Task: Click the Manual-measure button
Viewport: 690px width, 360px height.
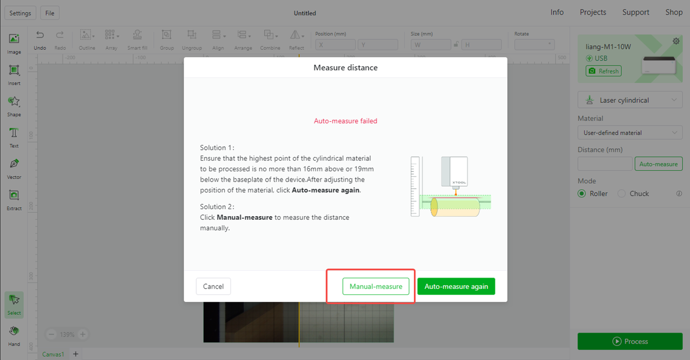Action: click(x=376, y=286)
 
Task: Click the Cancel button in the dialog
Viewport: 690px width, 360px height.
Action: click(x=213, y=286)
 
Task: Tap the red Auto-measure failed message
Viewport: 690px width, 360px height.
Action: click(x=346, y=121)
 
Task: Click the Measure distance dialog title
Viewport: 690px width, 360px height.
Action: click(x=346, y=67)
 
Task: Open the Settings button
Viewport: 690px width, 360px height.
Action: click(x=20, y=13)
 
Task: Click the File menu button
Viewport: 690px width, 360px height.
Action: click(x=50, y=13)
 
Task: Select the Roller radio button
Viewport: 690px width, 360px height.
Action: click(x=582, y=193)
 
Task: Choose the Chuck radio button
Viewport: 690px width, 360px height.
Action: click(x=622, y=193)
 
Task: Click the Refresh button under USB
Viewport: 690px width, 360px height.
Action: click(x=603, y=71)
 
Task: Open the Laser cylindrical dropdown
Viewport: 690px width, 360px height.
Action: click(x=630, y=100)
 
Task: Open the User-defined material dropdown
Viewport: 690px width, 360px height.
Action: click(x=630, y=133)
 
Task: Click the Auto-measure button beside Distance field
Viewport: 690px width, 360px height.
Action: click(x=658, y=164)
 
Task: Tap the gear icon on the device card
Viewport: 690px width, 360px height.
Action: click(x=676, y=41)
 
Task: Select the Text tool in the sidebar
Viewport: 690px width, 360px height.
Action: click(x=14, y=137)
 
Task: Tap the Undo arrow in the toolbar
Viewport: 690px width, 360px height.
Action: click(x=40, y=35)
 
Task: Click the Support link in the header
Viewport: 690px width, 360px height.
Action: click(x=636, y=12)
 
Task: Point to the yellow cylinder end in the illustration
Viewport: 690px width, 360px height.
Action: click(x=434, y=207)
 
